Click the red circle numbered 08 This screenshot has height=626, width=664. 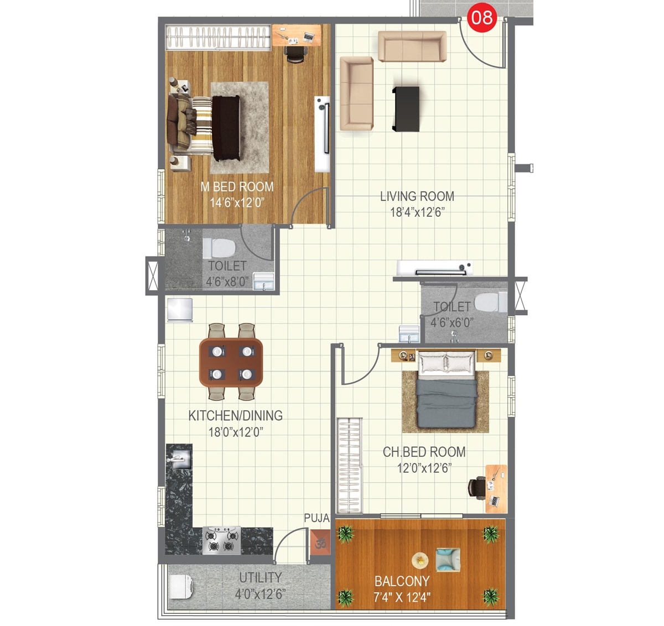481,18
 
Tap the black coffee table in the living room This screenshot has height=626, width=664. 406,109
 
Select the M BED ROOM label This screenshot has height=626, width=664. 237,187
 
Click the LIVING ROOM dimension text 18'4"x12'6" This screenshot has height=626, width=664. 417,212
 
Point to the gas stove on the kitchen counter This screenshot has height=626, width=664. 221,540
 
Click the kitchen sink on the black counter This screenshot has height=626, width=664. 179,459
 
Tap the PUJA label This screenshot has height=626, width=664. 317,518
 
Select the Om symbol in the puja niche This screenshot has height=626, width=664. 320,543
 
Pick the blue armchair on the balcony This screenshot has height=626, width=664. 448,560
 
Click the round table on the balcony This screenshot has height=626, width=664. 421,560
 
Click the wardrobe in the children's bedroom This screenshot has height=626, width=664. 350,466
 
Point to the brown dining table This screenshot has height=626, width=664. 231,362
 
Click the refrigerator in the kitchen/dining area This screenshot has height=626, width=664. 180,310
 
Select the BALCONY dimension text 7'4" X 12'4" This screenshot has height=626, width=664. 402,597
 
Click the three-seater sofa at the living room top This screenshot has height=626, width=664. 412,47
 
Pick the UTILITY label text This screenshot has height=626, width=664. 260,578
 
